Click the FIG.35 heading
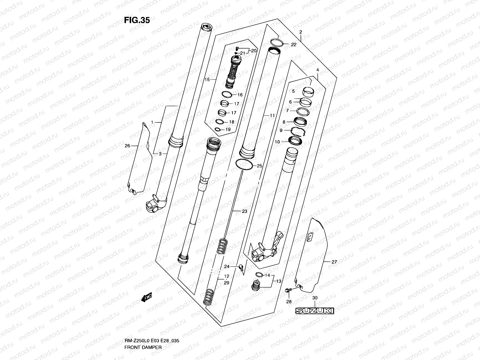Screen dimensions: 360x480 pyautogui.click(x=137, y=20)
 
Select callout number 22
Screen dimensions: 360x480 pyautogui.click(x=293, y=44)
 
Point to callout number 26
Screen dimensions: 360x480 pyautogui.click(x=127, y=146)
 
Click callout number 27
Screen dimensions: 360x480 pyautogui.click(x=334, y=262)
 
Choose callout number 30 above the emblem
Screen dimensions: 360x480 pyautogui.click(x=315, y=298)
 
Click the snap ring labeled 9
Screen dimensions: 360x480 pyautogui.click(x=298, y=130)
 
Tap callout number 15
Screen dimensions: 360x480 pyautogui.click(x=207, y=79)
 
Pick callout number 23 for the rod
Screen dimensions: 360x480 pyautogui.click(x=244, y=211)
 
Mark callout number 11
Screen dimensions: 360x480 pyautogui.click(x=272, y=115)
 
